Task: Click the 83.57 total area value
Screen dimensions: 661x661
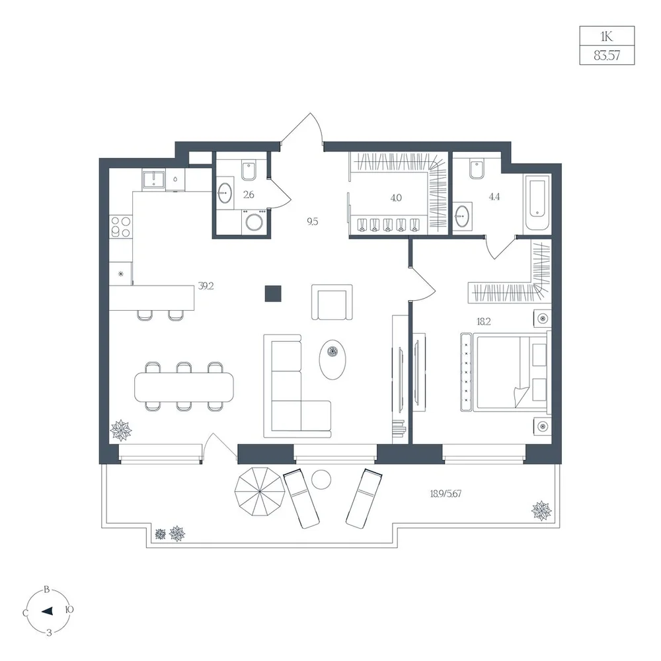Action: [607, 56]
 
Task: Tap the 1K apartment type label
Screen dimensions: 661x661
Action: [607, 36]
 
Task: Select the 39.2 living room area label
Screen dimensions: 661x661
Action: [206, 286]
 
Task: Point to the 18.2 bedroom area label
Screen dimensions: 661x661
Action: [484, 322]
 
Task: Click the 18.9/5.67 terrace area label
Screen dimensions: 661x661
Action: [446, 493]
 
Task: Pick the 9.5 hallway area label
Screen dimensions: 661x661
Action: [313, 221]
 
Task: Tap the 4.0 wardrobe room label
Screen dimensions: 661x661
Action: [396, 198]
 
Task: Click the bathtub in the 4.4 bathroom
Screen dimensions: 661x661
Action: [537, 202]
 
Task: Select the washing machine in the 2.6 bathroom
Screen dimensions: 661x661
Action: [254, 221]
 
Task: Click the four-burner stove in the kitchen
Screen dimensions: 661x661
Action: [120, 226]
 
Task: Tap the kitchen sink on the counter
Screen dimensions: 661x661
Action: [153, 179]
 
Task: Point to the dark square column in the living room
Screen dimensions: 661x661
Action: [273, 293]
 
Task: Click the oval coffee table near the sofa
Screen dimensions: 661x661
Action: [332, 359]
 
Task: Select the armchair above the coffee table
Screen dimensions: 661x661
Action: [332, 302]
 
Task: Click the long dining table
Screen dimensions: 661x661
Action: [184, 386]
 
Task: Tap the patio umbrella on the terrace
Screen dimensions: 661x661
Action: [258, 492]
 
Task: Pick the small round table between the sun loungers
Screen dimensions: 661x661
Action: [321, 479]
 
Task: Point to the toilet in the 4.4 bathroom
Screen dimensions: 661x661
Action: [477, 169]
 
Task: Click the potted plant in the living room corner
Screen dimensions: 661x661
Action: [121, 430]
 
